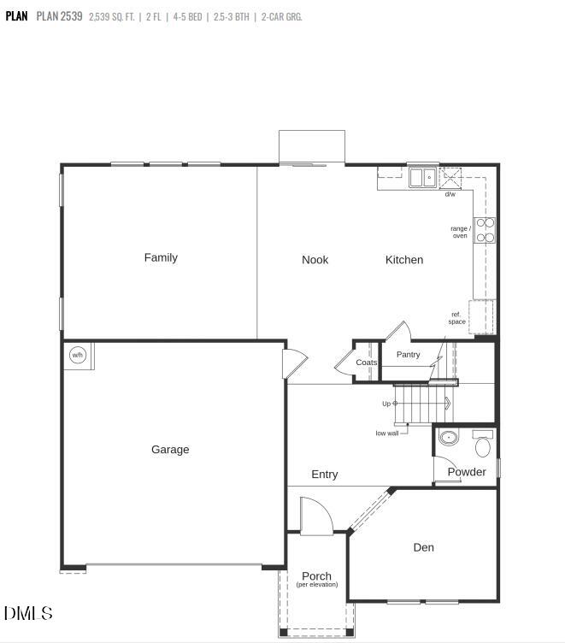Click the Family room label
pyautogui.click(x=161, y=257)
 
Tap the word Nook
pyautogui.click(x=315, y=260)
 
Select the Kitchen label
pyautogui.click(x=403, y=260)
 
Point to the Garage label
pyautogui.click(x=170, y=450)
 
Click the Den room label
pyautogui.click(x=423, y=547)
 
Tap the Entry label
pyautogui.click(x=324, y=475)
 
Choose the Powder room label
pyautogui.click(x=467, y=472)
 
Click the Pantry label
pyautogui.click(x=409, y=354)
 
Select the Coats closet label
pyautogui.click(x=367, y=363)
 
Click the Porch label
pyautogui.click(x=316, y=576)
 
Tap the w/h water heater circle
pyautogui.click(x=78, y=355)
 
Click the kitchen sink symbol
pyautogui.click(x=421, y=178)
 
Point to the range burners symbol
pyautogui.click(x=485, y=231)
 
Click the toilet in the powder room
pyautogui.click(x=482, y=445)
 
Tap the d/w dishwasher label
pyautogui.click(x=450, y=195)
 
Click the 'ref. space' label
pyautogui.click(x=456, y=318)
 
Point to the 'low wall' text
pyautogui.click(x=386, y=434)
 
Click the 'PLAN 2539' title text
pyautogui.click(x=60, y=16)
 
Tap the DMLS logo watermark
pyautogui.click(x=28, y=613)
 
